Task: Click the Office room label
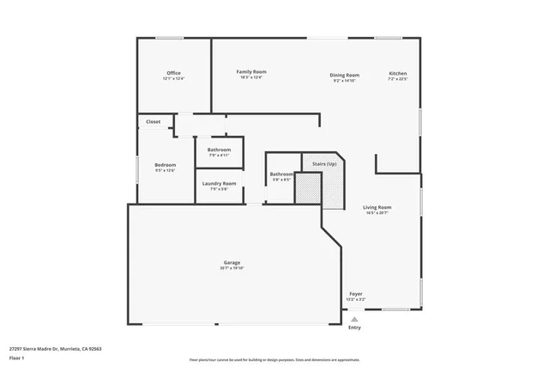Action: pos(173,73)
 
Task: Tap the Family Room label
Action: pos(251,71)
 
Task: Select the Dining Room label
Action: pos(344,75)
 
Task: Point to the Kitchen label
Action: pos(398,74)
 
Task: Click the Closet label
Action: pos(153,122)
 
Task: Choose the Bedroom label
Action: pos(165,165)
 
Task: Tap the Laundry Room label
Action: pos(219,183)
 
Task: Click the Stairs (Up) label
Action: pos(323,162)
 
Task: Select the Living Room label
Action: pos(377,207)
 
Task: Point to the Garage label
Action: pos(232,262)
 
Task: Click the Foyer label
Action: pos(355,294)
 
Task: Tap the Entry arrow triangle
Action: pos(354,319)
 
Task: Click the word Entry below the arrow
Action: pos(354,327)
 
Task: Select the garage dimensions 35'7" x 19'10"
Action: pos(232,268)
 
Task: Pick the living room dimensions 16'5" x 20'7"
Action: pos(377,213)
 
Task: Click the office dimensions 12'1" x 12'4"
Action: pos(173,78)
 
